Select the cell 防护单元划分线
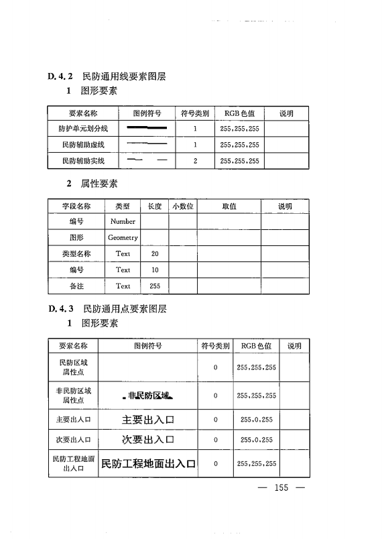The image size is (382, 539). coord(84,127)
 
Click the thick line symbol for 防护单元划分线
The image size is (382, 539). coord(147,127)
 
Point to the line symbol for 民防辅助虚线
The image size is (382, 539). coord(147,144)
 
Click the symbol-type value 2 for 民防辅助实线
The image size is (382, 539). coord(195,161)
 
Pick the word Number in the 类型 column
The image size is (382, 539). coord(123,221)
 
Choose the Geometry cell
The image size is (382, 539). coord(123,237)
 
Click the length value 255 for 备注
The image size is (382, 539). coord(155,286)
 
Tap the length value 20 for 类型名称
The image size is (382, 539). coord(155,254)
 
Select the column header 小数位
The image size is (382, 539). coord(182,206)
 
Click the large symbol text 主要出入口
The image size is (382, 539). coord(148,420)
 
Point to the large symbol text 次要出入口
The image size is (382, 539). coord(148,440)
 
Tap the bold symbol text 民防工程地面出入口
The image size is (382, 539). coord(148,463)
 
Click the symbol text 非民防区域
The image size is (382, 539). coord(147,396)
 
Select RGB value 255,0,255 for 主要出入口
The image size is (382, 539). coord(257,420)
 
